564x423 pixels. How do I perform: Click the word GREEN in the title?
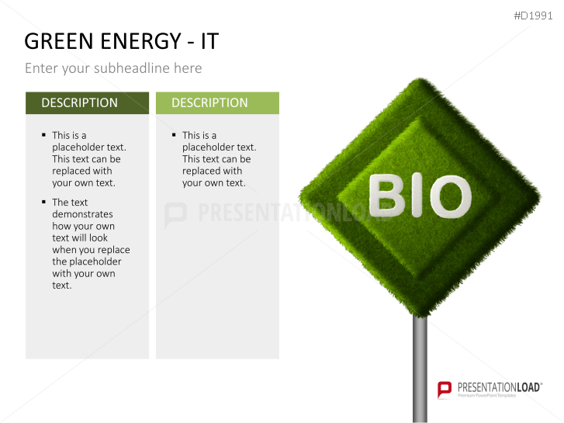coord(59,42)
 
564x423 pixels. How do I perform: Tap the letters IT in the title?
coord(208,42)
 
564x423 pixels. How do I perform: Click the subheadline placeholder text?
coord(113,68)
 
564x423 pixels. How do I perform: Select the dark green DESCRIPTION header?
coord(87,102)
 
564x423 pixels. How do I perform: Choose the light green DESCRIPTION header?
coord(217,102)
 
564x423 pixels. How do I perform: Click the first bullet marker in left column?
coord(43,135)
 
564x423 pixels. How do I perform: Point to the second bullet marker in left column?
coord(43,203)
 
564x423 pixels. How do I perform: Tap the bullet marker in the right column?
coord(174,135)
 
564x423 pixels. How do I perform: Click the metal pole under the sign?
coord(420,365)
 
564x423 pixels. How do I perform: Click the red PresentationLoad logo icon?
coord(445,389)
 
